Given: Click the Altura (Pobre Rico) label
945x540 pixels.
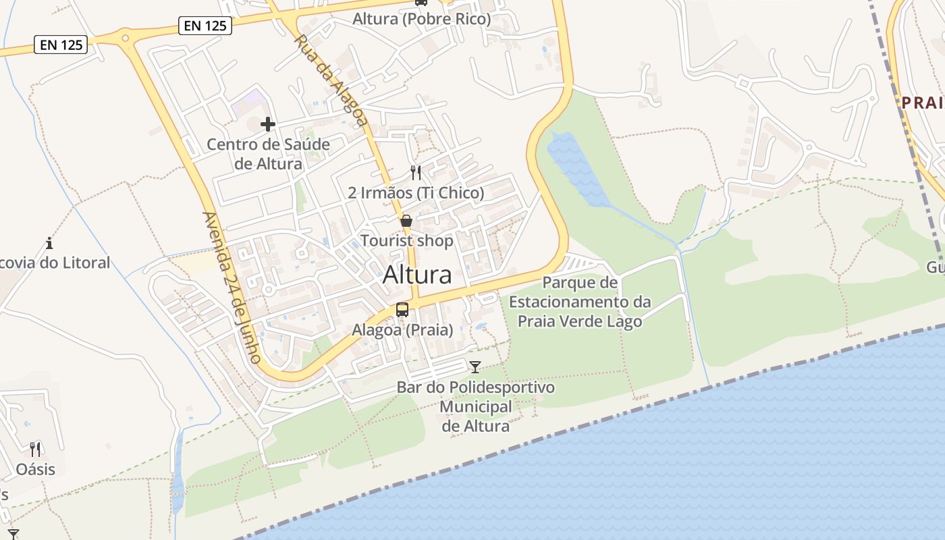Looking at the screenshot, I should click(x=421, y=19).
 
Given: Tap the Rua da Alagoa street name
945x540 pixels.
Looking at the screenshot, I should click(x=330, y=80).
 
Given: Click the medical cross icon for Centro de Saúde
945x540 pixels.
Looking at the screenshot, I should click(x=268, y=124).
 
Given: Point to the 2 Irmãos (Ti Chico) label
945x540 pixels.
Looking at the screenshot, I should click(x=416, y=193).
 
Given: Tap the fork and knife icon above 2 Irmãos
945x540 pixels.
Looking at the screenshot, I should click(x=416, y=173).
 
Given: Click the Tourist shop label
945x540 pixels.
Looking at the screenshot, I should click(x=406, y=241).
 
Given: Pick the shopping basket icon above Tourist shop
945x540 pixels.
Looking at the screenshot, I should click(x=406, y=221).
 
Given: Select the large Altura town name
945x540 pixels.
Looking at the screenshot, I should click(x=417, y=275).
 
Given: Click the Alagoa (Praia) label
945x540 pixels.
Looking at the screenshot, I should click(x=402, y=331).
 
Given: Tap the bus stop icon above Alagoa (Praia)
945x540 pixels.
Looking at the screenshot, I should click(x=402, y=310).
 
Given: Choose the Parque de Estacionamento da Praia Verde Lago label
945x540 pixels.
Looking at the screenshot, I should click(x=580, y=302).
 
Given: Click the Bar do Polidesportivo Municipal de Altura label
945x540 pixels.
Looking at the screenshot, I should click(x=475, y=406).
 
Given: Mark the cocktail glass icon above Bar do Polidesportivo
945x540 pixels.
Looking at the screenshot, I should click(x=475, y=367).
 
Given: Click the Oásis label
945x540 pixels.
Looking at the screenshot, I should click(x=35, y=469).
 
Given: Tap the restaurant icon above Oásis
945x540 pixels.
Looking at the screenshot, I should click(x=35, y=449).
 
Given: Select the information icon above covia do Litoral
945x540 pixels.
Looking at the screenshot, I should click(x=49, y=243).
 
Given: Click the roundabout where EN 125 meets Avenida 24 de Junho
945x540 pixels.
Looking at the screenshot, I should click(x=125, y=39).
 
